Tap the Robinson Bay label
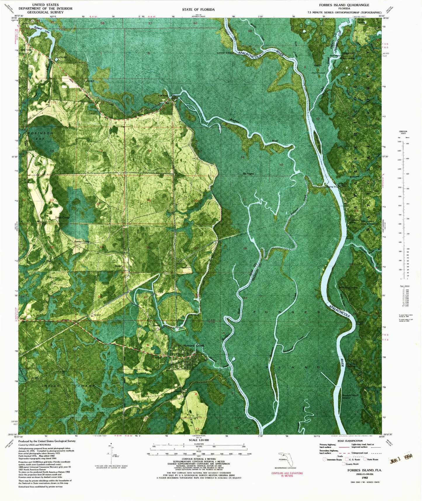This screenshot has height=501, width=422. coord(41,136)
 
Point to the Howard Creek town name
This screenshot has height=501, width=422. coord(194,345)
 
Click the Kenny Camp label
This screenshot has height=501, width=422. coord(82,241)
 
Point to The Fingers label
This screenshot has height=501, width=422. coord(248,174)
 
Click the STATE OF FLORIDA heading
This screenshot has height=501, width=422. coord(198,10)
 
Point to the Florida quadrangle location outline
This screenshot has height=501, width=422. coord(285,460)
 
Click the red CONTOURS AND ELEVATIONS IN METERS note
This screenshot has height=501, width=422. coord(287,474)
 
